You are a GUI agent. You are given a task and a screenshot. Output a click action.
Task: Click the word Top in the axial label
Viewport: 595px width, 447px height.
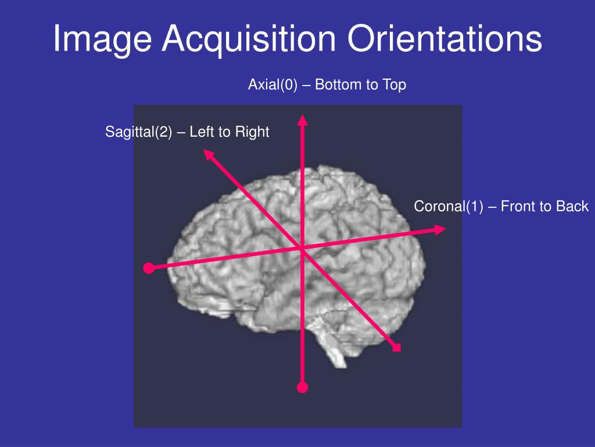tap(394, 85)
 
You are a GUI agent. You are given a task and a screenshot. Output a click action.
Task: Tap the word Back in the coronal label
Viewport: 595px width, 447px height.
tap(572, 207)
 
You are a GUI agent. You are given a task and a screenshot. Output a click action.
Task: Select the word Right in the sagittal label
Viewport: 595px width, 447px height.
tap(252, 132)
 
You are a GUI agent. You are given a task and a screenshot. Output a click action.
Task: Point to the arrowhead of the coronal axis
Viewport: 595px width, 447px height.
tap(440, 230)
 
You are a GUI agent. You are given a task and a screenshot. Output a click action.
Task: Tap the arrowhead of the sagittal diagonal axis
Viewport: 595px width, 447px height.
tap(208, 154)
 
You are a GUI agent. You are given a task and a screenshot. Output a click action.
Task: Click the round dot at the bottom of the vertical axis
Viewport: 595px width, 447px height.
tap(302, 387)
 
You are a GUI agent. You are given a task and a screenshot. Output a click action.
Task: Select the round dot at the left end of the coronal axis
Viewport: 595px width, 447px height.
tap(149, 268)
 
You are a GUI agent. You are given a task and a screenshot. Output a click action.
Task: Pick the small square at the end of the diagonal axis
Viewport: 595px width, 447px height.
tap(397, 348)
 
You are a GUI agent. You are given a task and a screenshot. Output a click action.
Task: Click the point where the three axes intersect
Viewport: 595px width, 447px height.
tap(302, 249)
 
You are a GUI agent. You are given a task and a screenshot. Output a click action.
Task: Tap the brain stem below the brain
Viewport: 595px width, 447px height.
tap(334, 349)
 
